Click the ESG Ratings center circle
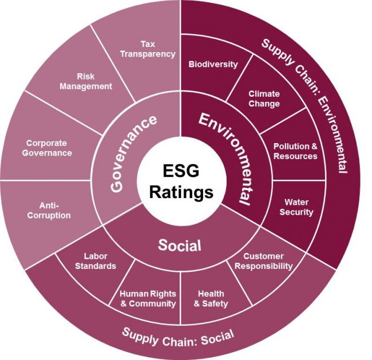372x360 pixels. point(181,182)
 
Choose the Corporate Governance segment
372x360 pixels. point(49,148)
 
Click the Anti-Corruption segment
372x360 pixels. point(55,211)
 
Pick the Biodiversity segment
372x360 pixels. point(213,64)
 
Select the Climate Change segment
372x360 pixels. point(264,98)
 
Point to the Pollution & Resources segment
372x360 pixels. point(295,151)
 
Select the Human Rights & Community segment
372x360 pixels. point(148,298)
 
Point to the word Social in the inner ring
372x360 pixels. point(180,246)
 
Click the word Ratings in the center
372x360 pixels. point(181,192)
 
